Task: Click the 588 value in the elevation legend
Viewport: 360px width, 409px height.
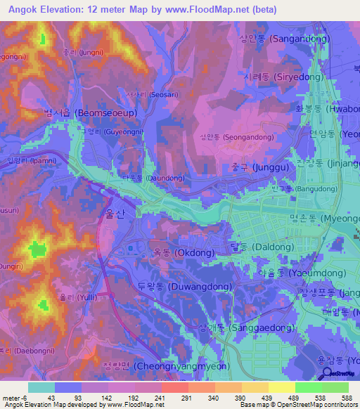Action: (347, 396)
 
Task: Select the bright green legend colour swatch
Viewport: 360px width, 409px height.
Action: (308, 387)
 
